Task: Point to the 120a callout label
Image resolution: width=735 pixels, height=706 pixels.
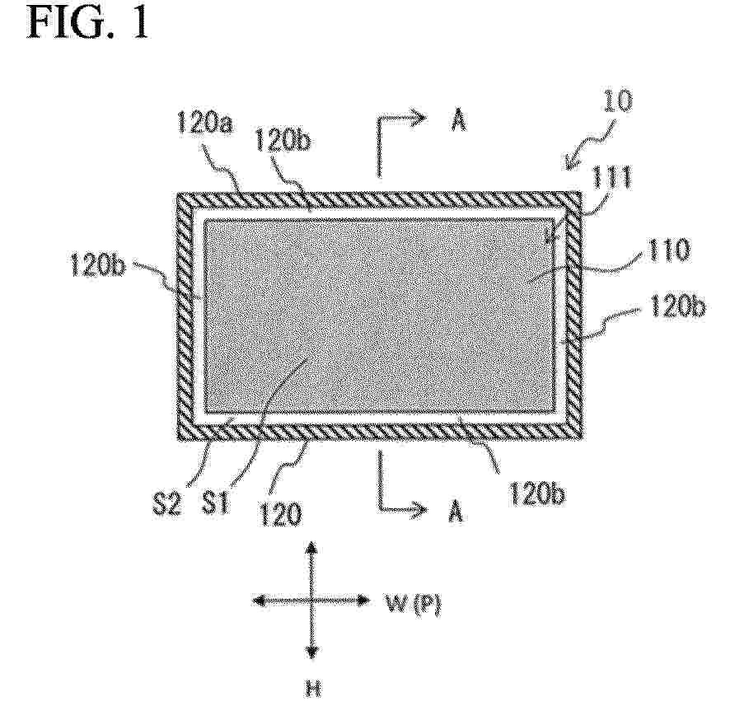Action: click(x=205, y=124)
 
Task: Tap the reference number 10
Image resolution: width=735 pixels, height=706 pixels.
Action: click(x=617, y=101)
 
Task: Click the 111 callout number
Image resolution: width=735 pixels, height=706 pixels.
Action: click(x=611, y=178)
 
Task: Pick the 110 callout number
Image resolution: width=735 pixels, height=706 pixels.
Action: click(x=669, y=250)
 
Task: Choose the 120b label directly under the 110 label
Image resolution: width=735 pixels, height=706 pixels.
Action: click(x=677, y=307)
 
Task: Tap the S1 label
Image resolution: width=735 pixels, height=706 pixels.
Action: click(x=216, y=503)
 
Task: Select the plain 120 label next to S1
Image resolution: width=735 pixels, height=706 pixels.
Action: click(x=280, y=513)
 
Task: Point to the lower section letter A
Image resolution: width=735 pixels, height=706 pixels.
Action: click(x=456, y=511)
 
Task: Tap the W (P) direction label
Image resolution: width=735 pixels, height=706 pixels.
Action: click(x=413, y=604)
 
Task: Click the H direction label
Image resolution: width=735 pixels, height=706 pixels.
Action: click(x=313, y=689)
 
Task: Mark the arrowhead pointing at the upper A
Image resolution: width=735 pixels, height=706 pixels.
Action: click(x=419, y=117)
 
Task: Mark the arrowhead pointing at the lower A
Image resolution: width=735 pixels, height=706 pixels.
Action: click(x=419, y=508)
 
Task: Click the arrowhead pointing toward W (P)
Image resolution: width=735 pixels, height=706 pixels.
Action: click(x=363, y=600)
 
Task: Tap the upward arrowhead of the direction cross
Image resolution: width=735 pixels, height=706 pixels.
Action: click(x=312, y=549)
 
